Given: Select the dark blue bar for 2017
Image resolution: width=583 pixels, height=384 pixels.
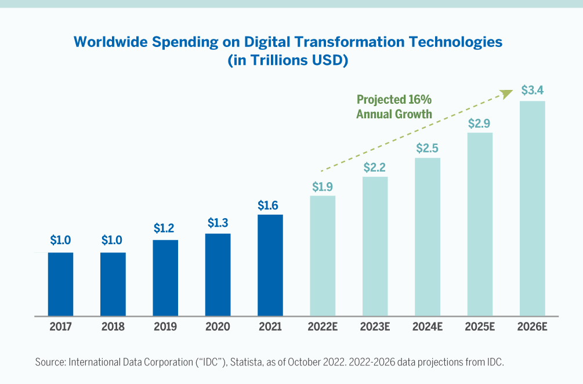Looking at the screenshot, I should coord(60,284).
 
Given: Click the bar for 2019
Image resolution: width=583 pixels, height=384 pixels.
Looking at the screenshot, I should coord(165,278).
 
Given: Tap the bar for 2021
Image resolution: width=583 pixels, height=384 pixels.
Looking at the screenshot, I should coord(270,265).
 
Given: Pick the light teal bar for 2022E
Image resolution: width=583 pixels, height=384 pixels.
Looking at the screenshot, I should coord(323,256).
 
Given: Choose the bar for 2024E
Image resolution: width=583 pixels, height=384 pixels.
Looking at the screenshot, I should coord(428,237).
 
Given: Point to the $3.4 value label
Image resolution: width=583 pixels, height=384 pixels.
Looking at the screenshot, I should coord(533,90).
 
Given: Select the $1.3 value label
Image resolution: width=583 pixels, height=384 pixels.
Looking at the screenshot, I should coord(218,223).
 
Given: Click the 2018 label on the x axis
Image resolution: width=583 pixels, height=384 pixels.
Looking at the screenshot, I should coord(113,327).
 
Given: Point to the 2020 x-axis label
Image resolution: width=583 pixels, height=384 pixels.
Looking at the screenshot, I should coord(218,327).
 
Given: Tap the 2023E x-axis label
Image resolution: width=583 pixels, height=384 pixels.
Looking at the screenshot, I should coord(375,327).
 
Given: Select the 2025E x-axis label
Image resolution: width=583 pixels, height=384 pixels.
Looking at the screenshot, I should coord(480,327).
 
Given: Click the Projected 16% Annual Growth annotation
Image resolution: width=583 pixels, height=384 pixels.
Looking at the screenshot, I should coord(394,107).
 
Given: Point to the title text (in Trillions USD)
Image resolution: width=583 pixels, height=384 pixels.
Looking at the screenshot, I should coord(288,60).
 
